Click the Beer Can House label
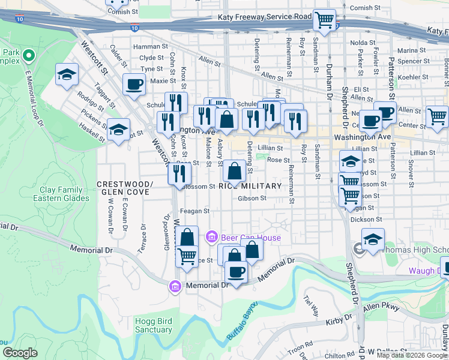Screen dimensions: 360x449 tap(250, 238)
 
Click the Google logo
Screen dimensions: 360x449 tap(20, 353)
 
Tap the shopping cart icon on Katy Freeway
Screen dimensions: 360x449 tap(324, 20)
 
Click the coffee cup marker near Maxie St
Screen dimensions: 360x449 tap(134, 85)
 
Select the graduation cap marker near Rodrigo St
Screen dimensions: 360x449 tap(67, 75)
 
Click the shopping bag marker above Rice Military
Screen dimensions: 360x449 tap(234, 172)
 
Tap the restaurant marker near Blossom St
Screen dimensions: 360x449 tap(179, 173)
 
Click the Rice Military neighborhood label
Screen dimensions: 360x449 tap(250, 186)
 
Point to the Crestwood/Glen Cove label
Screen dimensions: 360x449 tap(125, 188)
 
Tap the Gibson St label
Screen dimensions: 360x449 tap(252, 198)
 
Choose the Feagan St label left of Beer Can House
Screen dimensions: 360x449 tap(195, 211)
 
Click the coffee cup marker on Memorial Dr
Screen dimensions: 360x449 tap(236, 271)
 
